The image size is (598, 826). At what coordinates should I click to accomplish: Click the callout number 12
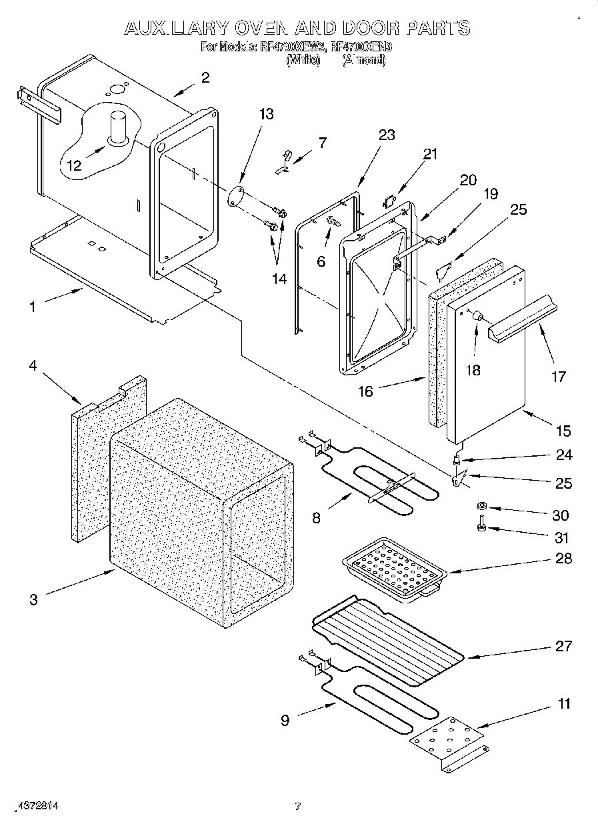click(x=74, y=165)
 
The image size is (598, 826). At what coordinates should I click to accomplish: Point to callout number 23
click(x=387, y=135)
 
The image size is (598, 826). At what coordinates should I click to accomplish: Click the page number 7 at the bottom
click(x=298, y=807)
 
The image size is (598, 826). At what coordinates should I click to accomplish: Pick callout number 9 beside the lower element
click(x=285, y=720)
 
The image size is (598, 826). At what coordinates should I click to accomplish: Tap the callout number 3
click(x=33, y=599)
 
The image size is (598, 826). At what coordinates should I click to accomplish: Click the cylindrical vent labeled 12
click(x=120, y=127)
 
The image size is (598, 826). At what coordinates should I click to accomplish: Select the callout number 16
click(x=365, y=391)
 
